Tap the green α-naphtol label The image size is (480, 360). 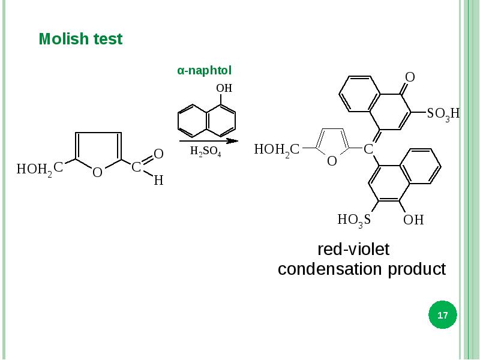pyautogui.click(x=204, y=71)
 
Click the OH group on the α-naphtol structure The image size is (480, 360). pyautogui.click(x=224, y=88)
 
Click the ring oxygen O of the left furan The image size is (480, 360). pyautogui.click(x=97, y=173)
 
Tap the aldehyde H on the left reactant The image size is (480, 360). pyautogui.click(x=158, y=180)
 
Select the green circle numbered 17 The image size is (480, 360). pyautogui.click(x=443, y=315)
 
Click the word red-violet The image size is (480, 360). pyautogui.click(x=353, y=248)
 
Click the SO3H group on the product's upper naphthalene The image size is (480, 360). pyautogui.click(x=443, y=113)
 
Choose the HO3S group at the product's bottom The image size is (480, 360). pyautogui.click(x=354, y=220)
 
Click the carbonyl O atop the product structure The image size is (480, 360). pyautogui.click(x=410, y=77)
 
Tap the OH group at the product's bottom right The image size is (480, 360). pyautogui.click(x=413, y=220)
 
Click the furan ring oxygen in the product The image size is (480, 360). pyautogui.click(x=331, y=161)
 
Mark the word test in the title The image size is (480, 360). pyautogui.click(x=108, y=40)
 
